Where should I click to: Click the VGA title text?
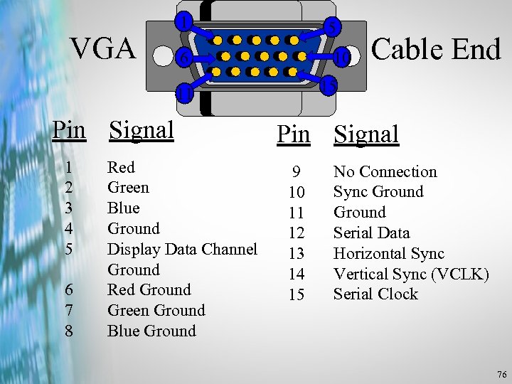pyautogui.click(x=103, y=48)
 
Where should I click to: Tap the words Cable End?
pyautogui.click(x=436, y=48)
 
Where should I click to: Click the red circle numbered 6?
pyautogui.click(x=184, y=58)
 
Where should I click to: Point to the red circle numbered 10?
pyautogui.click(x=342, y=56)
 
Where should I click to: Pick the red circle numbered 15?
pyautogui.click(x=328, y=85)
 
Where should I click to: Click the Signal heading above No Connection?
pyautogui.click(x=366, y=134)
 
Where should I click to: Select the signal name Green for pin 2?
pyautogui.click(x=128, y=188)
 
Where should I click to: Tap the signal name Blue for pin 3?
pyautogui.click(x=123, y=208)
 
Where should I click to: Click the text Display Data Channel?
pyautogui.click(x=182, y=249)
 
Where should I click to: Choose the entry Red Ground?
pyautogui.click(x=149, y=289)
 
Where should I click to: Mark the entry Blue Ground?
pyautogui.click(x=151, y=331)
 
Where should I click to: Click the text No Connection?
pyautogui.click(x=385, y=171)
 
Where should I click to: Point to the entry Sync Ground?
pyautogui.click(x=378, y=192)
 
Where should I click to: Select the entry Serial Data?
pyautogui.click(x=371, y=233)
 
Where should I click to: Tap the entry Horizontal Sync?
pyautogui.click(x=388, y=253)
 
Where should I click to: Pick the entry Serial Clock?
pyautogui.click(x=375, y=294)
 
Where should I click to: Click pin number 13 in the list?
pyautogui.click(x=296, y=253)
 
